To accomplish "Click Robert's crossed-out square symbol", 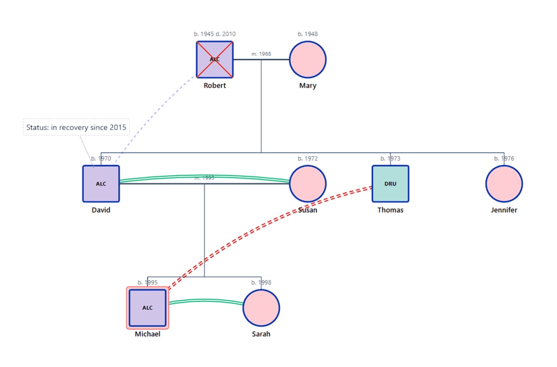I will pos(214,59).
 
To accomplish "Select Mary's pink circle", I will pos(308,59).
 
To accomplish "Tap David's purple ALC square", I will pos(101,184).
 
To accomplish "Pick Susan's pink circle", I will pos(308,184).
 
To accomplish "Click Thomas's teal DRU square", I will pos(390,184).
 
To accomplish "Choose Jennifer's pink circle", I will pos(504,184).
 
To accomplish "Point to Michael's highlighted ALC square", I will pos(148,308).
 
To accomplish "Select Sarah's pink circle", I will pos(261,308).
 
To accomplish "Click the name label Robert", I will pos(214,85).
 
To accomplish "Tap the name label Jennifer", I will pos(504,210).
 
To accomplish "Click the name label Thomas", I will pos(390,210).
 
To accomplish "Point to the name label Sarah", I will pos(261,334).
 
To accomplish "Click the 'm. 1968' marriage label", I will pos(261,54).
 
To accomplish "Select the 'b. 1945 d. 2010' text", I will pos(214,34).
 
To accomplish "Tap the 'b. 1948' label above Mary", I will pos(308,34).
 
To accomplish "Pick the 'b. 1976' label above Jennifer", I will pos(504,158).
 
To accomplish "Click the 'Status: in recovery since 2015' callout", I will pos(76,127).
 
